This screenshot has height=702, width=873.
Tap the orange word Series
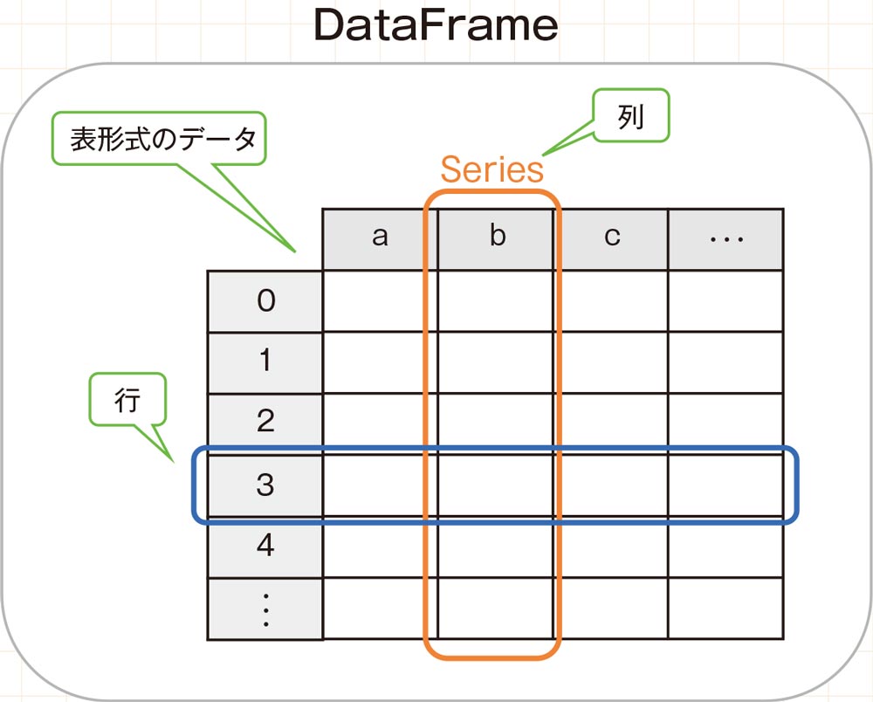[x=491, y=169]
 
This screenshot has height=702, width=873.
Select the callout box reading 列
[x=630, y=115]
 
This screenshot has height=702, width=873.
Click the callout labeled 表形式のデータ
[x=157, y=139]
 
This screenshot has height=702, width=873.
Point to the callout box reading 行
[x=127, y=401]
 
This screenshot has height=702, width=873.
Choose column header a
[x=380, y=238]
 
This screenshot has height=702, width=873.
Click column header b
[x=496, y=238]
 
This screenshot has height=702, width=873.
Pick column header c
[x=612, y=238]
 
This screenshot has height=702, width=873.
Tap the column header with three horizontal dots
[x=725, y=238]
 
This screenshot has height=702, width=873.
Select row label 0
[x=265, y=301]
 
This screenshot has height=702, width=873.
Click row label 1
[x=265, y=362]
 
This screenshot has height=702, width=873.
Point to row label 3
[x=265, y=485]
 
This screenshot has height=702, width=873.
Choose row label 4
[x=265, y=547]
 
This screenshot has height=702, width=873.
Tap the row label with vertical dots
[x=265, y=609]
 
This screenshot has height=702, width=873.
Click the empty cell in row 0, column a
[x=380, y=301]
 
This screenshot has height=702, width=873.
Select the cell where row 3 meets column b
[x=496, y=485]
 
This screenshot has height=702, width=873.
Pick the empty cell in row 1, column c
[x=612, y=362]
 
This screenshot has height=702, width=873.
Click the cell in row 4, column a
[x=380, y=547]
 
